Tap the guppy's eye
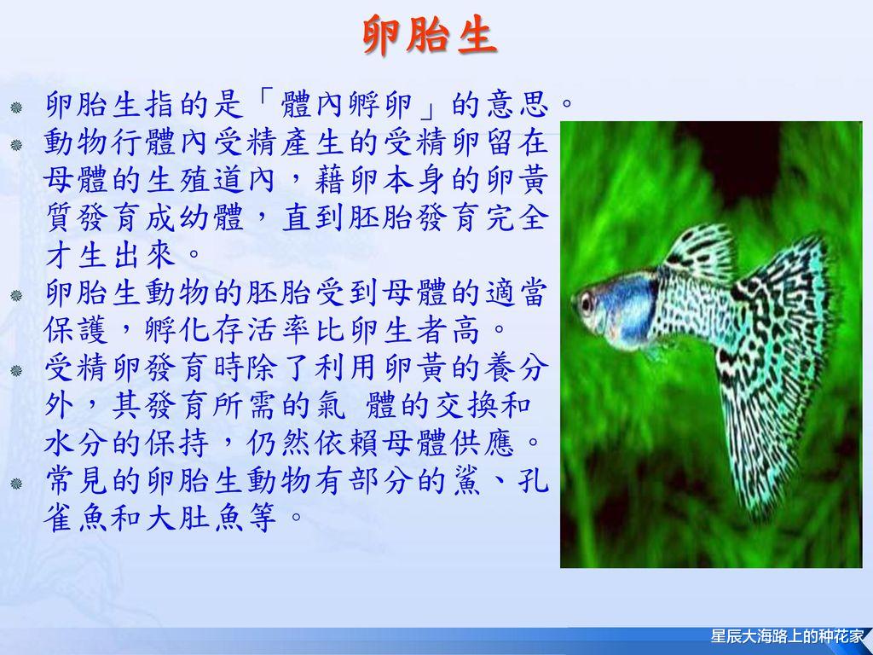587,302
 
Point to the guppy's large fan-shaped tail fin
767,358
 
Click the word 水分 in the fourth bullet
69,443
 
